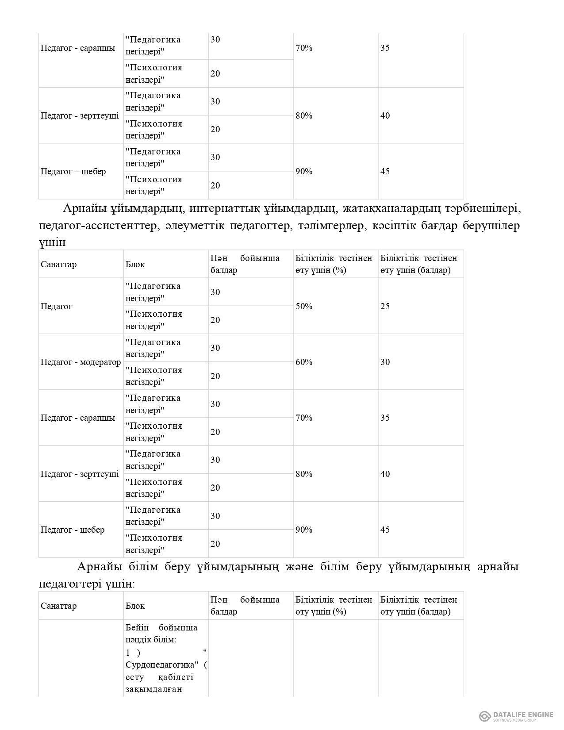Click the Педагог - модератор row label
[x=81, y=362]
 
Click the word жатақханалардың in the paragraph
[x=400, y=208]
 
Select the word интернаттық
[x=223, y=208]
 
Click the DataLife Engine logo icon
[x=485, y=716]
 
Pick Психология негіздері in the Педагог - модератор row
[x=153, y=376]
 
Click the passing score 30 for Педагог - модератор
[x=385, y=362]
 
